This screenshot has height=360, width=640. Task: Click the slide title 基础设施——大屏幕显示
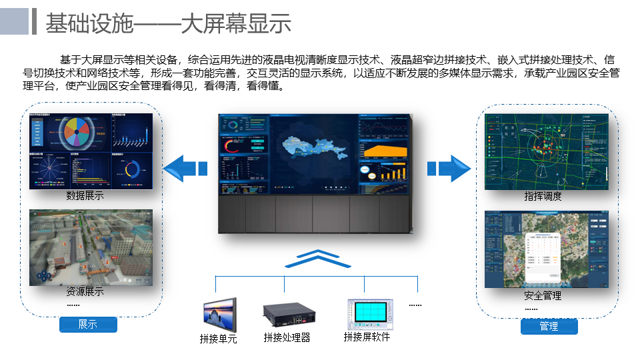(168, 23)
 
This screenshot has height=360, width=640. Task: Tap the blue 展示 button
(88, 325)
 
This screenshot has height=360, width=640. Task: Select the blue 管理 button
(549, 327)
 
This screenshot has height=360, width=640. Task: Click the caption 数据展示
(85, 196)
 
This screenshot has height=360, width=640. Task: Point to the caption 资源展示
(85, 292)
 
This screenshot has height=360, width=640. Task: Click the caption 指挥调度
(543, 197)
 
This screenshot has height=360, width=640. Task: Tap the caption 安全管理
(543, 295)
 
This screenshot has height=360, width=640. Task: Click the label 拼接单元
(218, 339)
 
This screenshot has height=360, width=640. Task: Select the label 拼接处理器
(287, 337)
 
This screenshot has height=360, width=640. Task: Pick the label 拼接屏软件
(367, 337)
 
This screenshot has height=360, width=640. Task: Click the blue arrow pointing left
(185, 167)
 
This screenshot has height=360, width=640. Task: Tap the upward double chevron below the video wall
(318, 259)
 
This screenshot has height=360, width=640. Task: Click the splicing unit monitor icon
(219, 315)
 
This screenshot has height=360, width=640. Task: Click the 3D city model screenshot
(91, 247)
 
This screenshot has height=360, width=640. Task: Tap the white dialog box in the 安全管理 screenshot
(542, 257)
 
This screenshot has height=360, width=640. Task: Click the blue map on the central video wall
(313, 149)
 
